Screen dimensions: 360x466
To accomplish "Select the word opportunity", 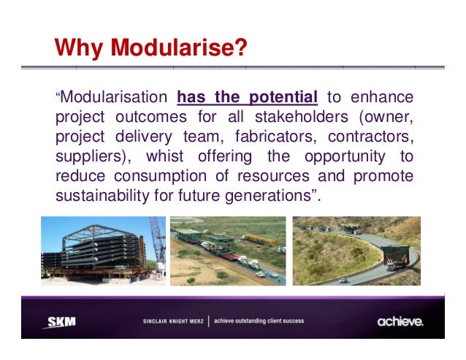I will click(x=331, y=157).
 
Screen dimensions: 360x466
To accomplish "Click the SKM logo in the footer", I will click(x=61, y=321).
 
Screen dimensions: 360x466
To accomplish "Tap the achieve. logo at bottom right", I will click(x=400, y=321).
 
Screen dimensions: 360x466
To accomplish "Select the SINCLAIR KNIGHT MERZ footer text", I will click(x=173, y=321).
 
